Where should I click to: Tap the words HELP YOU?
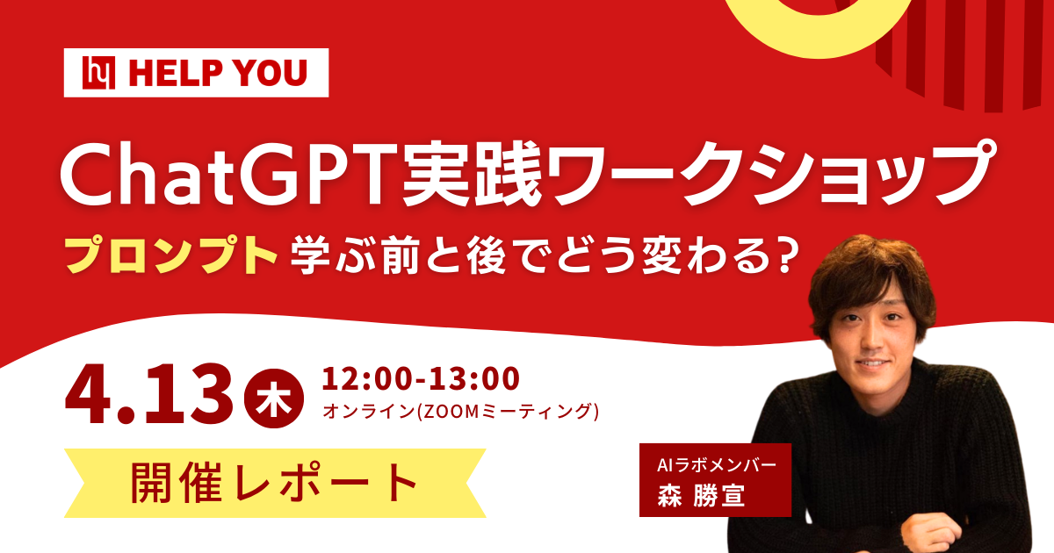pos(218,74)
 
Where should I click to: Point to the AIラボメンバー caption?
pos(712,463)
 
